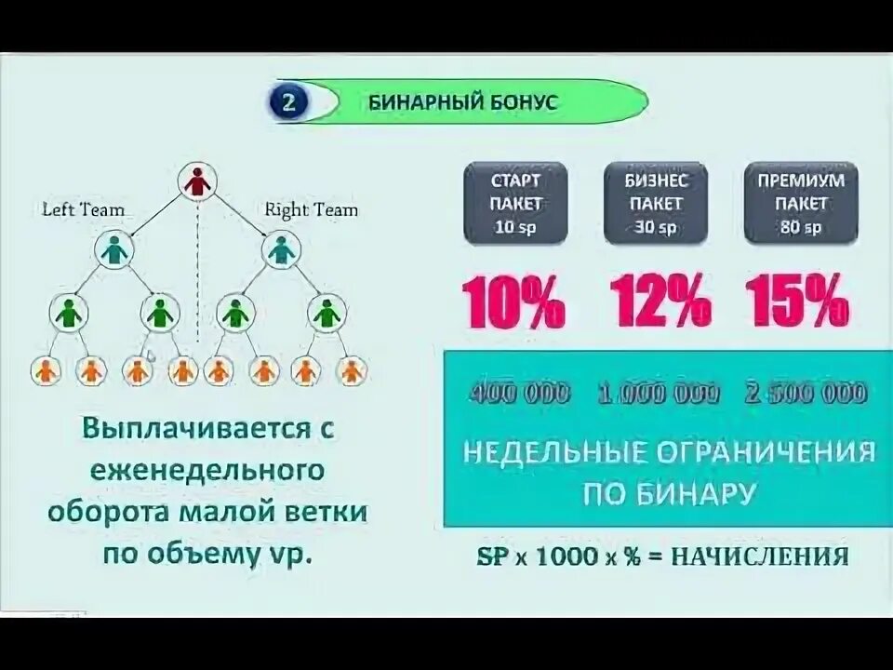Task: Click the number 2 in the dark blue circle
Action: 288,102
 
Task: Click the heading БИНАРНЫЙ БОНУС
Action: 462,102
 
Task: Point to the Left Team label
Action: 83,209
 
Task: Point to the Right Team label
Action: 311,209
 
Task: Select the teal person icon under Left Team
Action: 114,249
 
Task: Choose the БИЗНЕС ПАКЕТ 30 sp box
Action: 656,203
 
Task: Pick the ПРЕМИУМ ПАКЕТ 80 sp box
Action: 800,203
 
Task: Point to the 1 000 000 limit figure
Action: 659,394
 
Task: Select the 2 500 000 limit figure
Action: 806,394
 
